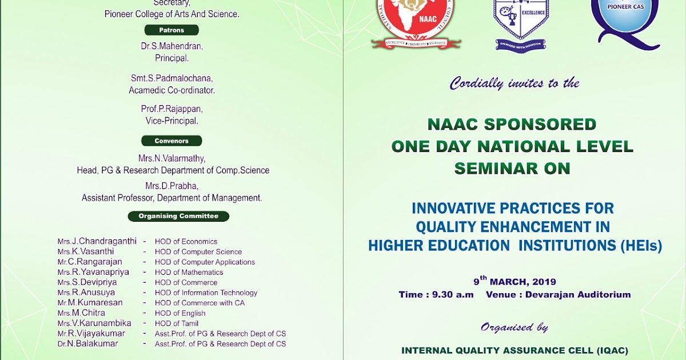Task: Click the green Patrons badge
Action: (171, 30)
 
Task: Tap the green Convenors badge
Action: (171, 141)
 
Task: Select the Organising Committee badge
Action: (178, 216)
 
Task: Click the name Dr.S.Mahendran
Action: (172, 46)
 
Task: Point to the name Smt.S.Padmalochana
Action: (172, 78)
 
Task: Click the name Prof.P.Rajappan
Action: (172, 109)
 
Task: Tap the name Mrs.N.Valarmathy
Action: (172, 159)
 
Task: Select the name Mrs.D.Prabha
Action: (172, 186)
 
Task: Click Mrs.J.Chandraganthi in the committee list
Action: (97, 241)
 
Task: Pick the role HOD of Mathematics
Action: (189, 272)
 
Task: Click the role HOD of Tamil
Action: (177, 323)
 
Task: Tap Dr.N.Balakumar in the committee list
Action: (87, 343)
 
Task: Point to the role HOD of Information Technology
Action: (206, 293)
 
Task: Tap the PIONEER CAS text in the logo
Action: (625, 6)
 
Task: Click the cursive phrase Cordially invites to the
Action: (514, 83)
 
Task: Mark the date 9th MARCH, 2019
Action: (514, 281)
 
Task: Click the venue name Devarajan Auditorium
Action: (578, 294)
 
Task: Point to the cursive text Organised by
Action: (514, 327)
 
